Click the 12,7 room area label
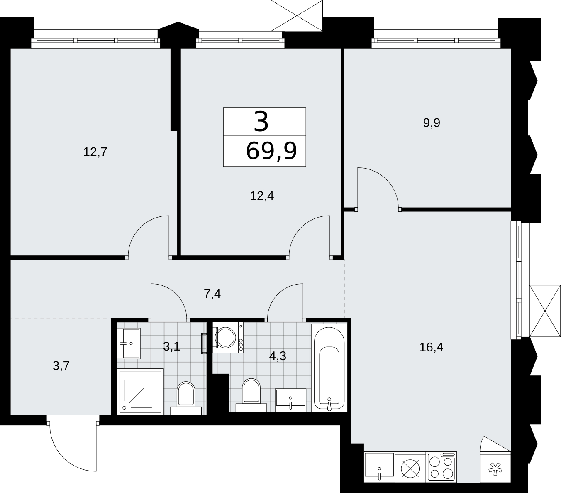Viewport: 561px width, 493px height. coord(95,152)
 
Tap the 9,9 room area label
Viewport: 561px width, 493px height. coord(431,123)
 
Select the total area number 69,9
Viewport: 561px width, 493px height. coord(271,151)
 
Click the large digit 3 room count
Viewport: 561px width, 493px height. coord(261,121)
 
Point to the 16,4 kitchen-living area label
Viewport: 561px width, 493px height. coord(431,347)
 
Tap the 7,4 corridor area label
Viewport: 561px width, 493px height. coord(212,294)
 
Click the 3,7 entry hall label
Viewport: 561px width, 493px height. coord(61,366)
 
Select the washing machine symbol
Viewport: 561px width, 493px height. coord(228,338)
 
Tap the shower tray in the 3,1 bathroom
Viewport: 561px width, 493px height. coord(140,392)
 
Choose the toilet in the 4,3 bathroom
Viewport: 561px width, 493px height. coord(251,395)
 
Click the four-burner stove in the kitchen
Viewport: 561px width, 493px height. coord(442,468)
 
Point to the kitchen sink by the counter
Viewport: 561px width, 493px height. coord(379,468)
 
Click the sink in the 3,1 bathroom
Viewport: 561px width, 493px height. coord(129,343)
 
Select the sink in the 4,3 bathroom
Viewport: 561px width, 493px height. coord(290,400)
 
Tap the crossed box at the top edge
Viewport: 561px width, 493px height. coord(297,15)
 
